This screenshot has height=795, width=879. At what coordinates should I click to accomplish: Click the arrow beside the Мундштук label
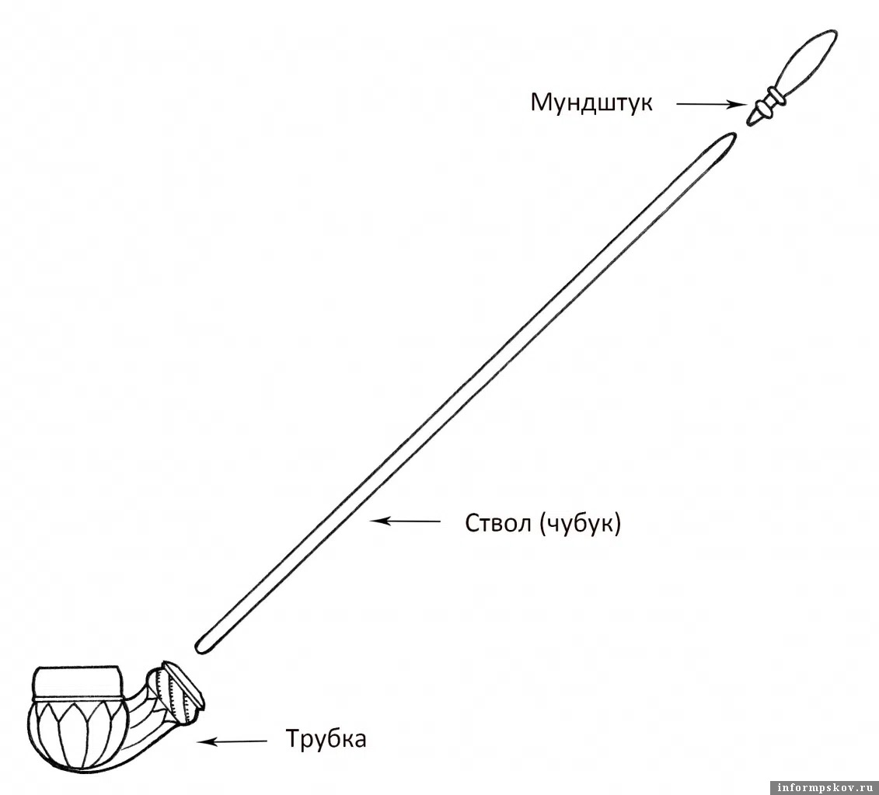pos(711,104)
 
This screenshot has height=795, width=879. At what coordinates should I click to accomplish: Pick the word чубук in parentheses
pos(579,525)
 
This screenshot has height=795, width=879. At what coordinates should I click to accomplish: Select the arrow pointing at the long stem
pos(405,521)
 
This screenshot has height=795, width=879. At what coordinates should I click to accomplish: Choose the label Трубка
pos(326,738)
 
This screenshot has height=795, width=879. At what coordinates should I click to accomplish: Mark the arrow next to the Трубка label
pos(232,741)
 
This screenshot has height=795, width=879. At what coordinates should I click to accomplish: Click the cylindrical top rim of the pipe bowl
pos(78,682)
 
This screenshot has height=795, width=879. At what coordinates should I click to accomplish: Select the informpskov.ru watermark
pos(823,787)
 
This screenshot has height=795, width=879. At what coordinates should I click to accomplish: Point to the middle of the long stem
pos(465,392)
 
